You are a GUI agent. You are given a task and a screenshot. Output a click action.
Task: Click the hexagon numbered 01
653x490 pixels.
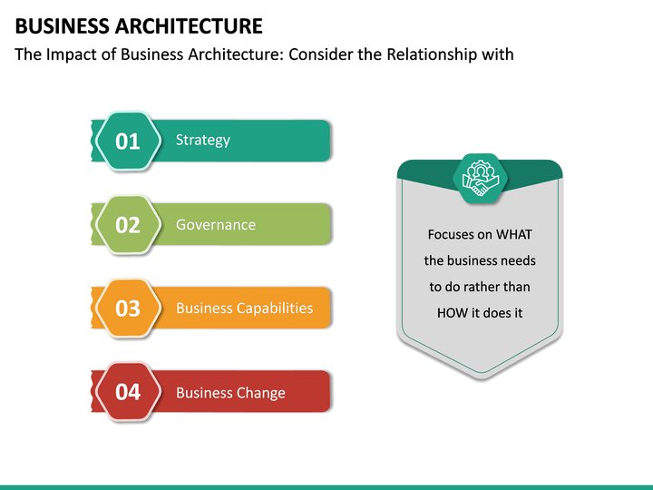coord(128,141)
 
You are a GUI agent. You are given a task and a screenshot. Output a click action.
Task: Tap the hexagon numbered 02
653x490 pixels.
coord(128,225)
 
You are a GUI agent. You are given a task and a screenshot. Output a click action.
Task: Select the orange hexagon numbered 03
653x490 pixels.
coord(128,309)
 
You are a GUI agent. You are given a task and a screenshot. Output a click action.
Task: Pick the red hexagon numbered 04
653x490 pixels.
coord(128,392)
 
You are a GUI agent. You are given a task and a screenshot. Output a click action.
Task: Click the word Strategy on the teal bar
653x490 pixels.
coord(203,140)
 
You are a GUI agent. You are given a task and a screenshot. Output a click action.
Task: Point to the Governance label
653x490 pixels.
coord(216,224)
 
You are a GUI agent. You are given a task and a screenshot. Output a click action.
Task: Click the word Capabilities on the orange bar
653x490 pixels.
coord(274,308)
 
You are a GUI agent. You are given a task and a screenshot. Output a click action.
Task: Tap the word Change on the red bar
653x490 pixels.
coord(260,393)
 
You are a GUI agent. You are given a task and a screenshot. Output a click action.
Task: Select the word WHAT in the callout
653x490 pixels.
coord(512,234)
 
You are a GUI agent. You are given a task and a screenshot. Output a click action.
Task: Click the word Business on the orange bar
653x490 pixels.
coord(204,308)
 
